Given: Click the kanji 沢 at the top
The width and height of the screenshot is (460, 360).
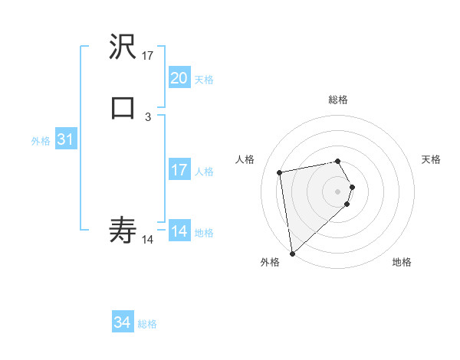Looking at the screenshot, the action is pos(123,47).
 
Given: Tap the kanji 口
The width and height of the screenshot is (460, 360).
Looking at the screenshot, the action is pos(123,108).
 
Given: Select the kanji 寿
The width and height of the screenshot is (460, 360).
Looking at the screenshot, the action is pos(123,229).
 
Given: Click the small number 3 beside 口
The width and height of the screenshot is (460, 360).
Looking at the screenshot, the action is pos(148,116).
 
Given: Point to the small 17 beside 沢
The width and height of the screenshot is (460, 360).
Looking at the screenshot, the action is pos(148,56).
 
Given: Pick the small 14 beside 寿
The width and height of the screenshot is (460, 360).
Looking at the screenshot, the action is pos(148,239).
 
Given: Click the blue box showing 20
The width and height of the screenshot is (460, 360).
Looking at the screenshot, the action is pos(179,78).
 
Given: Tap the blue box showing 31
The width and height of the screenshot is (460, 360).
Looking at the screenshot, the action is pos(65,140).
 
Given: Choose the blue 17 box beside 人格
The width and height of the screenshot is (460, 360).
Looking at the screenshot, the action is pos(179,170).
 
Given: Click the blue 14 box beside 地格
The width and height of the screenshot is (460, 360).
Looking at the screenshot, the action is pos(179,231).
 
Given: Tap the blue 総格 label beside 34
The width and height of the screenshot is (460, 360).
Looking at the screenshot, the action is pos(147,324).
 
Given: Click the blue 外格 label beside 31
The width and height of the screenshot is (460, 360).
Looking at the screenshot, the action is pos(41,141).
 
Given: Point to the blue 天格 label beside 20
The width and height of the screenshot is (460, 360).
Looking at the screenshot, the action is pos(204,79).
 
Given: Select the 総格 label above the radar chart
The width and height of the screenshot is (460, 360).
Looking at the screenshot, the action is pos(338,100).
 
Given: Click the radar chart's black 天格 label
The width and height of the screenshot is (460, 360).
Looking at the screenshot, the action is pos(432,159).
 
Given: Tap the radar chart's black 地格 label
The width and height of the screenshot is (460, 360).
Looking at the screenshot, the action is pos(402,262).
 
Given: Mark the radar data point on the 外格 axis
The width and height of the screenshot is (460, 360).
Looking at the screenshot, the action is pos(292,252).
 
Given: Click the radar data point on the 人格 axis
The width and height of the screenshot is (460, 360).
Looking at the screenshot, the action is pos(280,172).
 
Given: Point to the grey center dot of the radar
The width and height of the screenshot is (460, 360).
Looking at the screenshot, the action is pos(338,191).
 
